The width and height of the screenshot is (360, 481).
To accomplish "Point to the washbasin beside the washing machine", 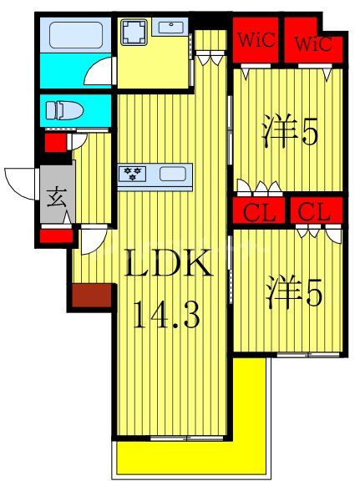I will click(171, 27).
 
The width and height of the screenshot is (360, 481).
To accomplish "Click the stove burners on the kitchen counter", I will click(133, 174).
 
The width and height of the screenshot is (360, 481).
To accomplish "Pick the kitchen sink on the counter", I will click(172, 175).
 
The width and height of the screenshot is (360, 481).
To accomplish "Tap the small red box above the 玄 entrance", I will click(53, 143).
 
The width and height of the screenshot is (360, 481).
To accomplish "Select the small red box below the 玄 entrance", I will click(55, 236).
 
